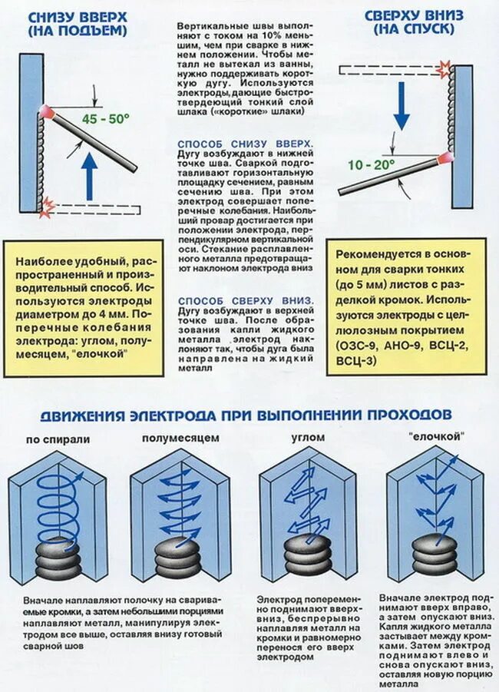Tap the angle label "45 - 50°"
coord(106,119)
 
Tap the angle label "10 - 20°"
coord(371,164)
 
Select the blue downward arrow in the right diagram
coord(401,107)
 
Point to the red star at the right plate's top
coord(443,69)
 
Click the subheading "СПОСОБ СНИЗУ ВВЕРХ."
coord(245,144)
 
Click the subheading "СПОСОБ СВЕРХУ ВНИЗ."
coord(245,300)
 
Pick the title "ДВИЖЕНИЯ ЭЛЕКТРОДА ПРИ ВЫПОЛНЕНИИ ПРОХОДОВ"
coord(246,415)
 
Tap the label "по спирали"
coord(58,439)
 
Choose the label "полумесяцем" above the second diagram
coord(180,438)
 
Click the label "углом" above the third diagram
coord(307,438)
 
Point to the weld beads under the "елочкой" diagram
coord(434,553)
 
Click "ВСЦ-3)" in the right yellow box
coord(356,360)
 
